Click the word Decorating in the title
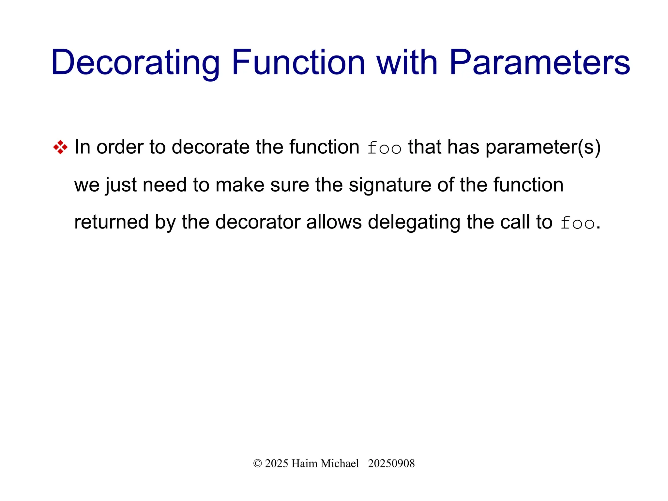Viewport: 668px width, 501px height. pyautogui.click(x=135, y=63)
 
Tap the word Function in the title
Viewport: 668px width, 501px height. pyautogui.click(x=298, y=63)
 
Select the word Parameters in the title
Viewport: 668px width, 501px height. pyautogui.click(x=539, y=63)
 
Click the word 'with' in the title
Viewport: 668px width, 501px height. pyautogui.click(x=407, y=63)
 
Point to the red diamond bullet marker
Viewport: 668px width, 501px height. pyautogui.click(x=60, y=147)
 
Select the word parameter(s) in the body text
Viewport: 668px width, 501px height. pyautogui.click(x=543, y=148)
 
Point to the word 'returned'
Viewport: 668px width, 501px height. pyautogui.click(x=111, y=222)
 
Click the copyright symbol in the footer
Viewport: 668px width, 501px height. pyautogui.click(x=257, y=463)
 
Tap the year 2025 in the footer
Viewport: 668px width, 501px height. pyautogui.click(x=276, y=463)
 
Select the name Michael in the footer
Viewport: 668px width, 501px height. pyautogui.click(x=340, y=463)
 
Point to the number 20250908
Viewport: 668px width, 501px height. pyautogui.click(x=391, y=463)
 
